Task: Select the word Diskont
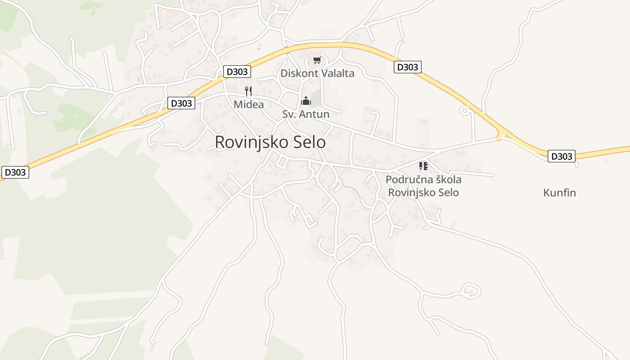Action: pyautogui.click(x=297, y=73)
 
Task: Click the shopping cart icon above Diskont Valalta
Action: pyautogui.click(x=317, y=60)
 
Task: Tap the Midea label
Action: pyautogui.click(x=248, y=104)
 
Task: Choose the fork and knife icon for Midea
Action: pyautogui.click(x=248, y=91)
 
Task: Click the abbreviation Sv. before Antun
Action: pyautogui.click(x=289, y=114)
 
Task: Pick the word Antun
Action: pyautogui.click(x=314, y=114)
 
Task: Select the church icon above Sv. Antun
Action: pyautogui.click(x=306, y=100)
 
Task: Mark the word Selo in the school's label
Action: pyautogui.click(x=450, y=193)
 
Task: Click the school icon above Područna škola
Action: pyautogui.click(x=423, y=166)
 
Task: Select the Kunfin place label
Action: pyautogui.click(x=559, y=193)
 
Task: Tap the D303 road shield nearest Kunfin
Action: pyautogui.click(x=562, y=156)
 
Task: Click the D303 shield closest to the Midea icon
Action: pyautogui.click(x=237, y=72)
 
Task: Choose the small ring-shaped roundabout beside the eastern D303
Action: pyautogui.click(x=464, y=110)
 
